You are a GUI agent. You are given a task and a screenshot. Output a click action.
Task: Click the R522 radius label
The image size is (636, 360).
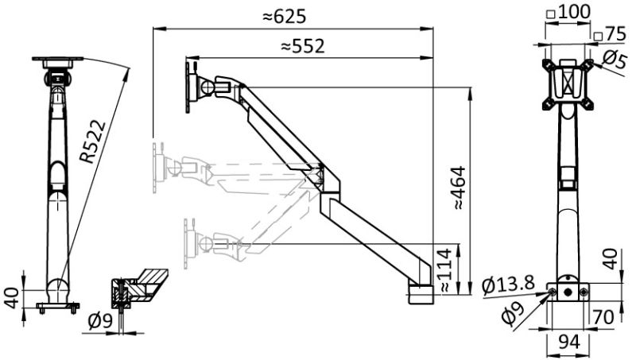95,141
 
